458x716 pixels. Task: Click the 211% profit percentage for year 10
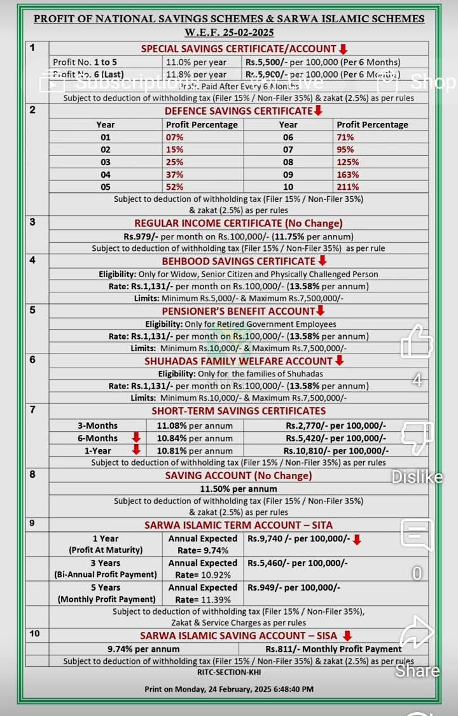point(348,187)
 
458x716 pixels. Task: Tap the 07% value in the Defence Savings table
point(175,137)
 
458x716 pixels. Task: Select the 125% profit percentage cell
point(348,162)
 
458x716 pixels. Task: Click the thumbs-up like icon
point(417,341)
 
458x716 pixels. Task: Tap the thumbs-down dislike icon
point(417,438)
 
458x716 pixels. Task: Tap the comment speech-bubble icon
point(417,535)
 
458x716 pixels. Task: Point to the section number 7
point(32,409)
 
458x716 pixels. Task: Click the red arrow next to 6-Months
point(135,437)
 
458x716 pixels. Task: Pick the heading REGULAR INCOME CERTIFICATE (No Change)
point(238,223)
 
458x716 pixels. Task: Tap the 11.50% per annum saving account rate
point(238,489)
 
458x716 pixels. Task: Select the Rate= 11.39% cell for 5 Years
point(202,599)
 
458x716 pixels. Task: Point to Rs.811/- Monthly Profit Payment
point(333,648)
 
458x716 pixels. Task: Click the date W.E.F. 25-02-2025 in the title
point(229,32)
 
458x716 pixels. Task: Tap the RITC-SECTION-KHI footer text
point(229,672)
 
